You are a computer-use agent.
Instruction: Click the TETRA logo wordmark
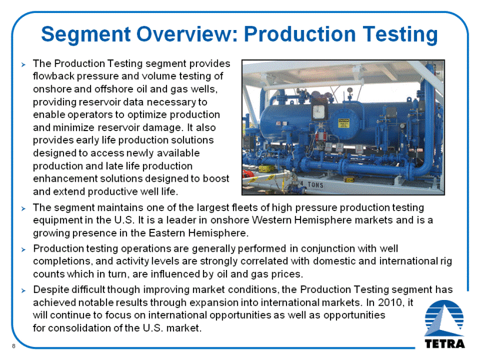tap(445, 344)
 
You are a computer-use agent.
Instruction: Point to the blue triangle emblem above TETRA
tap(444, 318)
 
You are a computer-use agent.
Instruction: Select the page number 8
tap(14, 346)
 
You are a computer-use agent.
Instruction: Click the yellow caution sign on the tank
tap(343, 123)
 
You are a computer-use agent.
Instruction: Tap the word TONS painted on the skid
tap(315, 185)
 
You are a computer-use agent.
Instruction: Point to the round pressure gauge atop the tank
tap(350, 91)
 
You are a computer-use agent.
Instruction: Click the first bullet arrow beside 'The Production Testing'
tap(24, 64)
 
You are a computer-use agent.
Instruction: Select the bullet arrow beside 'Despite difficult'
tap(24, 290)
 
